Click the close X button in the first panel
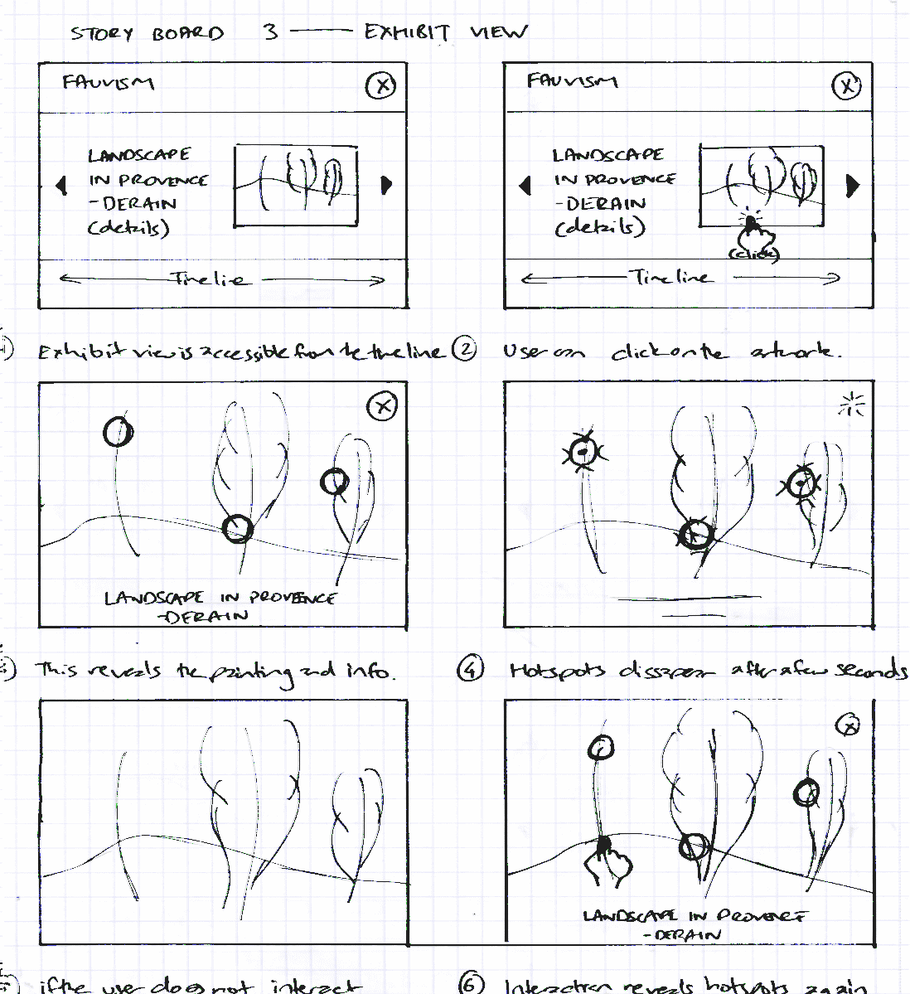(380, 85)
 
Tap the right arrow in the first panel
(386, 185)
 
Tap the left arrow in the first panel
(62, 184)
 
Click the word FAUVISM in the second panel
(572, 81)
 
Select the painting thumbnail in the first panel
(296, 185)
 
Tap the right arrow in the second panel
(851, 185)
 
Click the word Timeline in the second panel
(670, 278)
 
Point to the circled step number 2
(465, 350)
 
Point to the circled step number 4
(470, 668)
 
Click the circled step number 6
(471, 985)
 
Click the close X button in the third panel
(381, 406)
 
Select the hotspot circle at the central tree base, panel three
(238, 527)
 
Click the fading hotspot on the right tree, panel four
(801, 482)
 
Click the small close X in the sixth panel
(848, 725)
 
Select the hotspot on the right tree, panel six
(806, 793)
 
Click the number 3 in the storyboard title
(270, 32)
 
